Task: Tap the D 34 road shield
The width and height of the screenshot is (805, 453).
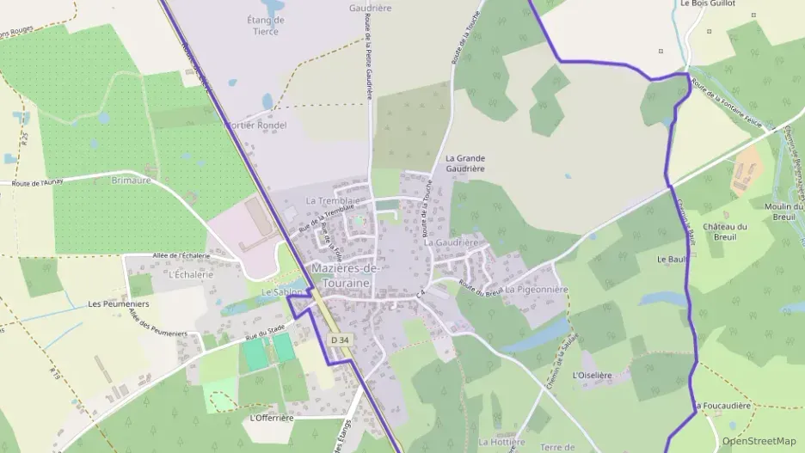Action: point(341,340)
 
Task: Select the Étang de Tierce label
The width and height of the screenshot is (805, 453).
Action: point(266,26)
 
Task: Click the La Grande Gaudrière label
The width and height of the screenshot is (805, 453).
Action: point(465,163)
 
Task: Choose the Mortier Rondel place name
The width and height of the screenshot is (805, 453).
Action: point(255,125)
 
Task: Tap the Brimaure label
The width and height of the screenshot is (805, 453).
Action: point(131,181)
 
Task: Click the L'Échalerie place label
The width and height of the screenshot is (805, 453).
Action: point(190,275)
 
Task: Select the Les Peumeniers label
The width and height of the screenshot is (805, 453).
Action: point(119,304)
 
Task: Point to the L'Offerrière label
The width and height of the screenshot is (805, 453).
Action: point(271,418)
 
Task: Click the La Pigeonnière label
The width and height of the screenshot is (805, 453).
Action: point(537,291)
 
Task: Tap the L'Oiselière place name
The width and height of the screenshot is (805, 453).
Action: point(592,376)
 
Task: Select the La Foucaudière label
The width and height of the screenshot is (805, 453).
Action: point(722,406)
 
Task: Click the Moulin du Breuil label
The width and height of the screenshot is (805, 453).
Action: point(783,211)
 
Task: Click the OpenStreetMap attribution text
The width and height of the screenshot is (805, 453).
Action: point(759,441)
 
